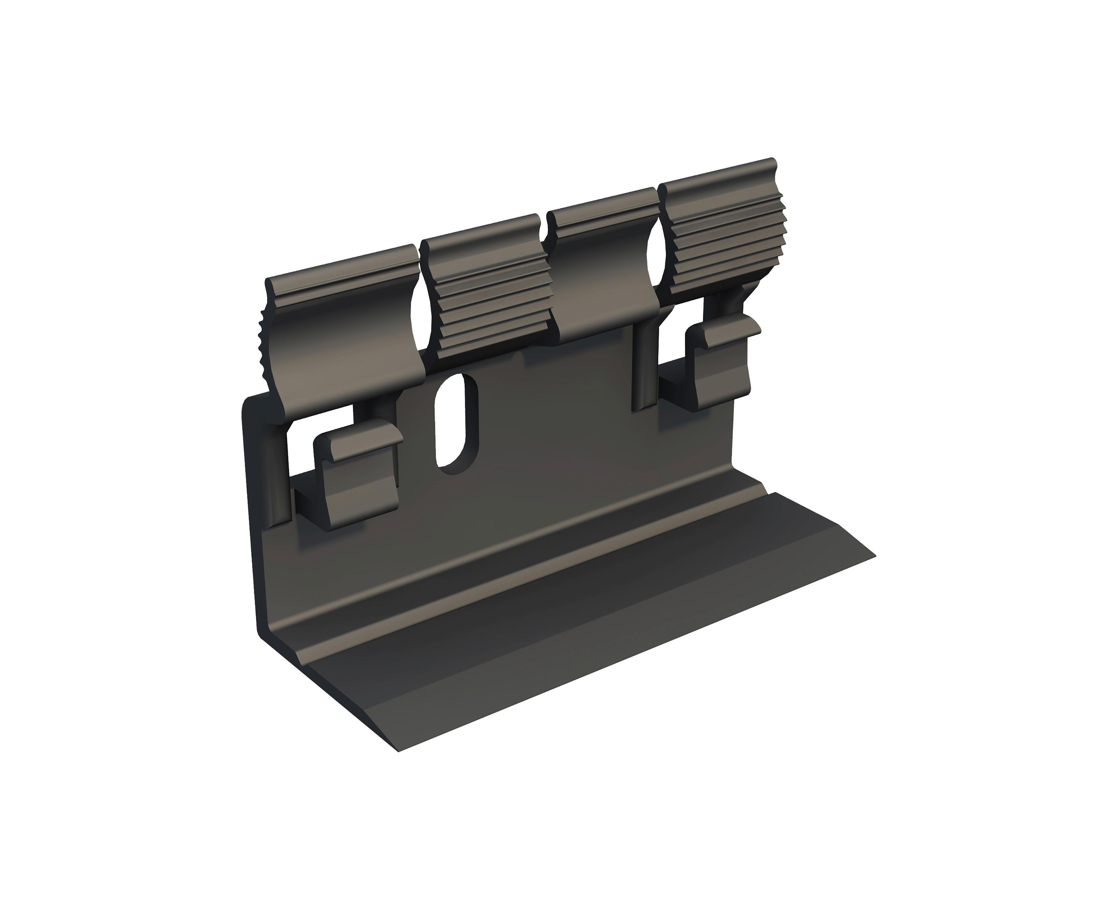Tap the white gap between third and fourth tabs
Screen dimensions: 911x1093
pos(653,255)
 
